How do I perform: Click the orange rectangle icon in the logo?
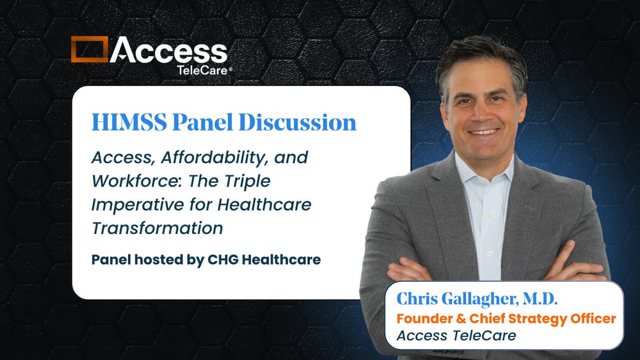pyautogui.click(x=89, y=49)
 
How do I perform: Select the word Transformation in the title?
pyautogui.click(x=157, y=228)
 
